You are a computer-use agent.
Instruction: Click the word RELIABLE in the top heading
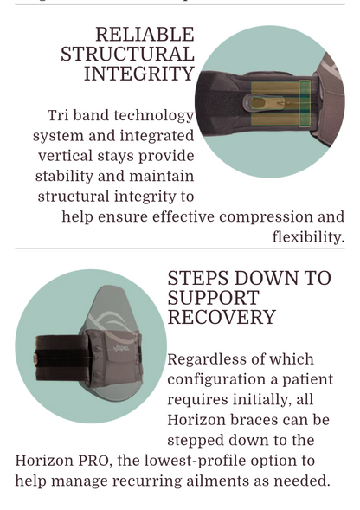click(x=145, y=35)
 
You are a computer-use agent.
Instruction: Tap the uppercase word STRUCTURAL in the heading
click(x=127, y=55)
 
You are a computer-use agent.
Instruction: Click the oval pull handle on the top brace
click(x=258, y=103)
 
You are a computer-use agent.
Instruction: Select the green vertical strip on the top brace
click(x=304, y=102)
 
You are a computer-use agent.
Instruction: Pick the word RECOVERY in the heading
click(x=221, y=318)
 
